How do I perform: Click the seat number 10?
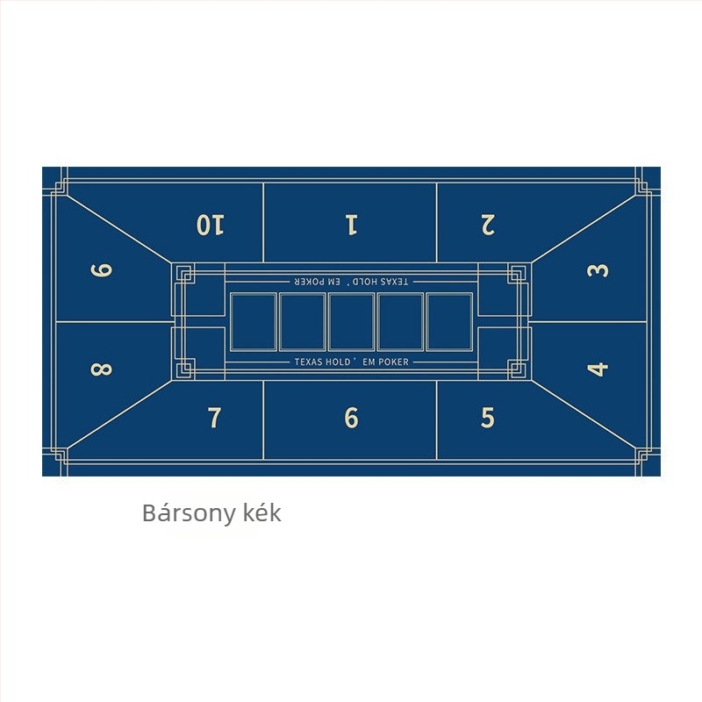(211, 225)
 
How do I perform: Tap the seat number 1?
(352, 225)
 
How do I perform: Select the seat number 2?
(488, 225)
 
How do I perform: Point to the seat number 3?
(598, 270)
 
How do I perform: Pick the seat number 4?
(598, 369)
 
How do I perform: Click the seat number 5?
(488, 418)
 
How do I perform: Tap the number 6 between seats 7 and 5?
(352, 418)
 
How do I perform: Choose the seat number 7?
(215, 418)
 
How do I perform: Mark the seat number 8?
(101, 369)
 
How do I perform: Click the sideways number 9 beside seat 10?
(101, 270)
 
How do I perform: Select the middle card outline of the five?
(352, 321)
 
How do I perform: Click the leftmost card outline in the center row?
(254, 321)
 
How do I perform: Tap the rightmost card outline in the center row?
(449, 321)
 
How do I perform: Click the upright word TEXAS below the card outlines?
(309, 362)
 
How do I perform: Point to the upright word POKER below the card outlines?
(393, 362)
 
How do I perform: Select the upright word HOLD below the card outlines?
(339, 362)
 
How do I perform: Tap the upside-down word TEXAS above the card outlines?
(394, 282)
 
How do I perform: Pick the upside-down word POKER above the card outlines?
(310, 282)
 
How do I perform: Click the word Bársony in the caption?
(188, 513)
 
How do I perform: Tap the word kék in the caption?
(262, 512)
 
